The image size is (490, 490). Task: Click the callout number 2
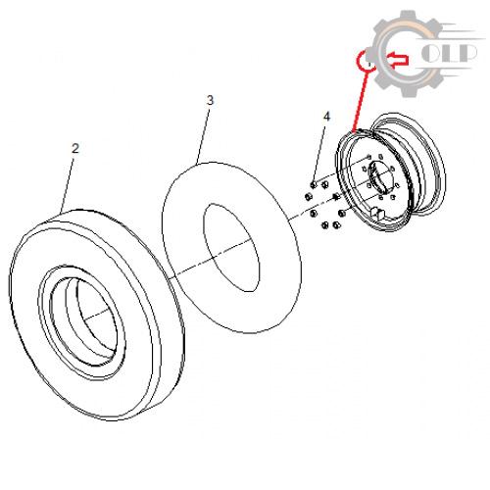tap(75, 149)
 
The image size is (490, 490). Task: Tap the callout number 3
tap(210, 100)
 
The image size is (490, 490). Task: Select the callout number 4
tap(326, 117)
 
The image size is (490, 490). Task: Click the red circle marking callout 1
tap(367, 61)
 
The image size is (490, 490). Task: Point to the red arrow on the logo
tap(398, 59)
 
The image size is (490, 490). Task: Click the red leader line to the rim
tap(361, 100)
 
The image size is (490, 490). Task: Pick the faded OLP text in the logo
tap(449, 53)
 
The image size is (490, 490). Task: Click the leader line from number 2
tap(68, 182)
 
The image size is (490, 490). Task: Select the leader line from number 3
tap(204, 135)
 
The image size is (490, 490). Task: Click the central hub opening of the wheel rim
tap(379, 178)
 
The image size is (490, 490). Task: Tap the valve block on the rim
tap(377, 212)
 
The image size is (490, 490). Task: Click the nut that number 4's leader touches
tap(314, 185)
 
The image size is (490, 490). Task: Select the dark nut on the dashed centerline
tap(335, 196)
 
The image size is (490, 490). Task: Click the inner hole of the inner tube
tap(231, 248)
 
